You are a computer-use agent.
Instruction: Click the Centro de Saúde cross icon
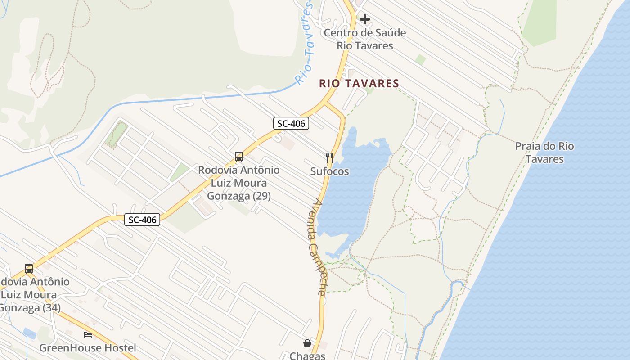coord(365,19)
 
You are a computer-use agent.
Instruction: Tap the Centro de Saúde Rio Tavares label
coord(365,39)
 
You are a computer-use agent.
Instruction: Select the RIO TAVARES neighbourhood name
coord(359,83)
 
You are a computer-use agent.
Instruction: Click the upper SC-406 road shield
coord(291,123)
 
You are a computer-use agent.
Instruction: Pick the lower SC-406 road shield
coord(142,220)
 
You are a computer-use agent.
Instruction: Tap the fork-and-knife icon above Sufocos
coord(329,157)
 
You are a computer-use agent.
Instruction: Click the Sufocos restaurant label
coord(329,171)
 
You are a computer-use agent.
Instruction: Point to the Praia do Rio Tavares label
coord(544,153)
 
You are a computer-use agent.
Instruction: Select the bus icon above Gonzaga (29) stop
coord(239,157)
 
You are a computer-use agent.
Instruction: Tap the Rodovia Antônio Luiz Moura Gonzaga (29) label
coord(239,183)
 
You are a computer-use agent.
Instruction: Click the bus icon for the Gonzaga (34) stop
coord(29,269)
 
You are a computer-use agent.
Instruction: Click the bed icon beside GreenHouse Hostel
coord(88,335)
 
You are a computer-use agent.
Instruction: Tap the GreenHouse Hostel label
coord(88,348)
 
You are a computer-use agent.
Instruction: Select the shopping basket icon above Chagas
coord(307,343)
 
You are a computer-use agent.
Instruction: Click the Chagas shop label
coord(307,355)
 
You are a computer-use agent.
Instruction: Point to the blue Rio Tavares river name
coord(306,43)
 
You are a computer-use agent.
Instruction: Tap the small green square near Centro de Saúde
coord(421,59)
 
